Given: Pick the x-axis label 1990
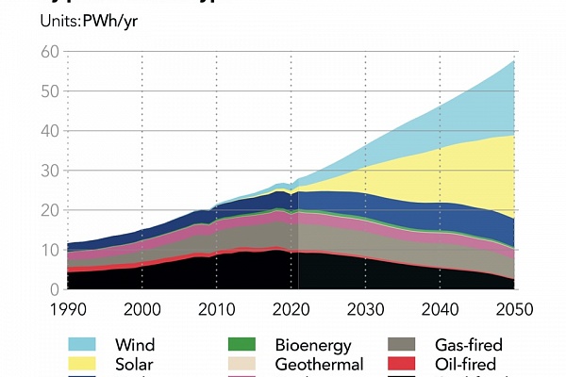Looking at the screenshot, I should pos(67,309).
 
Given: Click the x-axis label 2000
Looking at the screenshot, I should pos(141,309).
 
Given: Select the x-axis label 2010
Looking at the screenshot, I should pos(217,309).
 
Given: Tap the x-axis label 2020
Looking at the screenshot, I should pos(291,309).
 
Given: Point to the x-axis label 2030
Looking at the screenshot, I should pos(366,309).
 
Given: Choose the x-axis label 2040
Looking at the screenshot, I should pos(441,309).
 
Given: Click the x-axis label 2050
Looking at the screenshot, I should pos(515,309).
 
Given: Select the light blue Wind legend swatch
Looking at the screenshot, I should pos(85,346).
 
